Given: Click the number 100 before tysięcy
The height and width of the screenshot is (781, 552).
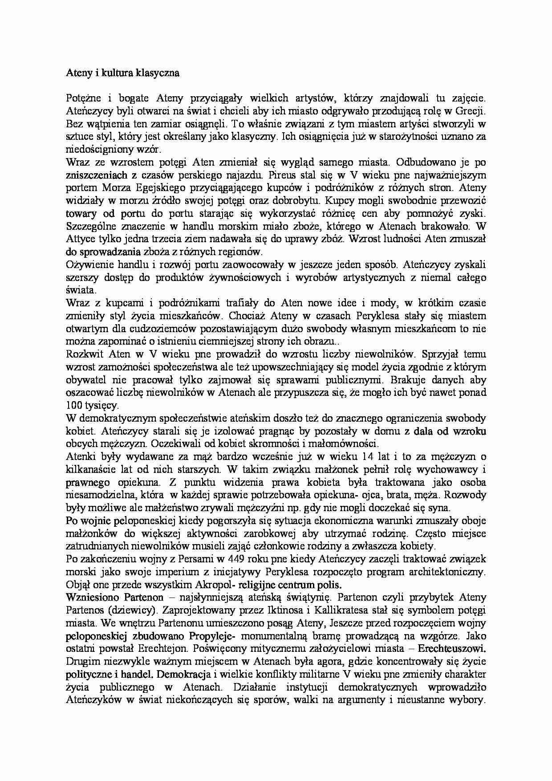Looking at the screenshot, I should click(73, 406).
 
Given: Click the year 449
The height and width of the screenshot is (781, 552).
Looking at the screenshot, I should click(237, 559).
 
